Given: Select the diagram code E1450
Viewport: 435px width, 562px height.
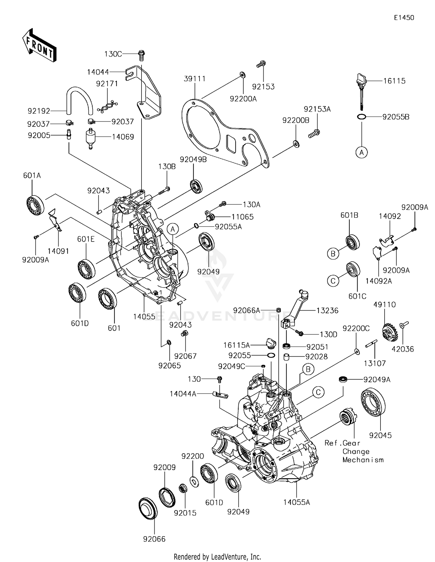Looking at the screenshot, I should (x=404, y=18).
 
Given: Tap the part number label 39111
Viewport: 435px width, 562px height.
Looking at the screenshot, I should (x=194, y=79).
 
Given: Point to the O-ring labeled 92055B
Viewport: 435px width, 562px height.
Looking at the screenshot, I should (x=361, y=117).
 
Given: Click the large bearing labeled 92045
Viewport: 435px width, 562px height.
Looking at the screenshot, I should (x=373, y=402).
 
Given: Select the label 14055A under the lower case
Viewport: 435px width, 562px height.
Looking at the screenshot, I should (x=296, y=502).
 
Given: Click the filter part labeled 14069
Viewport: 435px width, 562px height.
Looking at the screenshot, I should (x=90, y=137).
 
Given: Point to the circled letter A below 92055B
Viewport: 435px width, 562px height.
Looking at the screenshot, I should (x=361, y=152).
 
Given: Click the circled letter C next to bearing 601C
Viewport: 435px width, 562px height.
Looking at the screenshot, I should (x=333, y=281).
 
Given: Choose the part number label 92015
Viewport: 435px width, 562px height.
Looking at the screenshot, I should (x=185, y=513).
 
